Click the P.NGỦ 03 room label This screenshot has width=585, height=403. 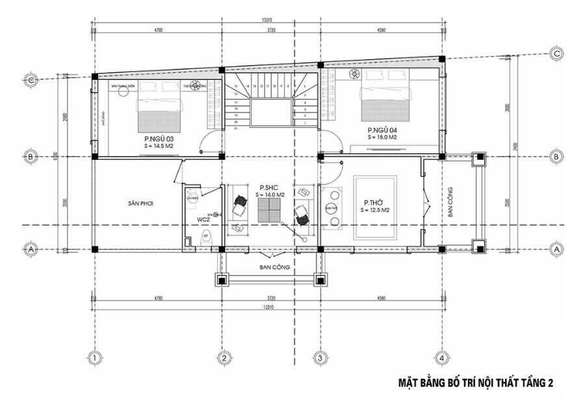point(158,138)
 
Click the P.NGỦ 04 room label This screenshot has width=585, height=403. point(381,129)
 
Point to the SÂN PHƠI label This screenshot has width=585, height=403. point(139,203)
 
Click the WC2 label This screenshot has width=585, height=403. point(203,220)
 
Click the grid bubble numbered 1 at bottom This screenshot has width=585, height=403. point(94,357)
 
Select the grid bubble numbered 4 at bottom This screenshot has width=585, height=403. point(441,357)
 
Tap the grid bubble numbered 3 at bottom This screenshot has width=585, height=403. point(319,357)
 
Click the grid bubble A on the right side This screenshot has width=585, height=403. point(557,249)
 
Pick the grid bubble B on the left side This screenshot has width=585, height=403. point(30,156)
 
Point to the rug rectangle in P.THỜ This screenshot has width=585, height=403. point(375,207)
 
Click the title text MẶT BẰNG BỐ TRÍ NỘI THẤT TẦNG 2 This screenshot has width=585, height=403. point(475,383)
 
